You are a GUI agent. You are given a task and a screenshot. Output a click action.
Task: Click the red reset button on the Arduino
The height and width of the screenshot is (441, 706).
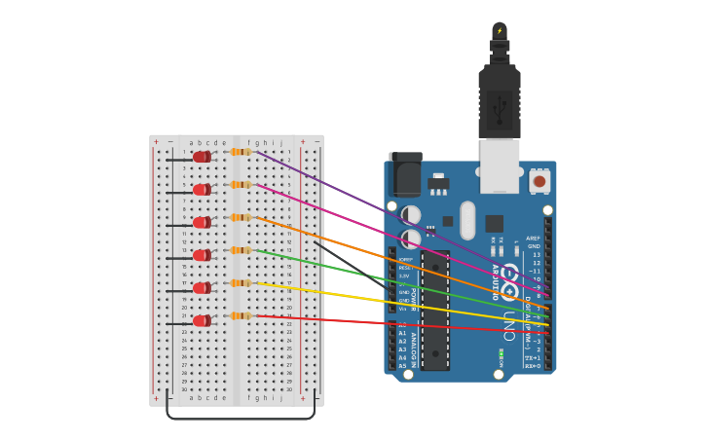[539, 181]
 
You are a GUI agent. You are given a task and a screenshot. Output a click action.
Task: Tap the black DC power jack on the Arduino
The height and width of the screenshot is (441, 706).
[405, 175]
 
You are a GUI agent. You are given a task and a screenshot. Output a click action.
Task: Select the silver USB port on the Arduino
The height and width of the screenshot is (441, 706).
[500, 165]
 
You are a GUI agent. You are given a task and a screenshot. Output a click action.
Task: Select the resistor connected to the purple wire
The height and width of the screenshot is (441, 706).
[240, 152]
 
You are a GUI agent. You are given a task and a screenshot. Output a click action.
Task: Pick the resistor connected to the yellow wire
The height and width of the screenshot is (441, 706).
[240, 283]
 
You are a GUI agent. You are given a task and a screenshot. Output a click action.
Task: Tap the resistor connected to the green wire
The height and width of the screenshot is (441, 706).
[240, 250]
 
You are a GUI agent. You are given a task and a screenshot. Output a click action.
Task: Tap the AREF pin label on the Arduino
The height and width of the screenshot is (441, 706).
[533, 239]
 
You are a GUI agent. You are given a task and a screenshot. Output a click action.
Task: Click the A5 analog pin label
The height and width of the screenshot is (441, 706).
[403, 366]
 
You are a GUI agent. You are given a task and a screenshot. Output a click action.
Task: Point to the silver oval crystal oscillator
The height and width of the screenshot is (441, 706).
[467, 220]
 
